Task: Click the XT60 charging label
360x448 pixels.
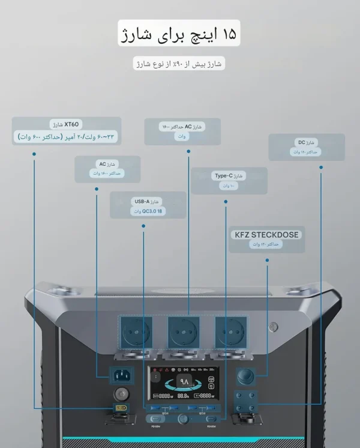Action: (x=66, y=130)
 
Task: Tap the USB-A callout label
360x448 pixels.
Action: (x=148, y=205)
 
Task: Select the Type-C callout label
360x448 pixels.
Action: (x=229, y=181)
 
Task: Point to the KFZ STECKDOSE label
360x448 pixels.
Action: (x=266, y=238)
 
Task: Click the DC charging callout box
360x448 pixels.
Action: (x=306, y=147)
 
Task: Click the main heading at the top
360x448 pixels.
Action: (x=180, y=35)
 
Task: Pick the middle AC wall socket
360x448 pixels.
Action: (x=183, y=330)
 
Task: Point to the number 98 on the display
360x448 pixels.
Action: (x=183, y=381)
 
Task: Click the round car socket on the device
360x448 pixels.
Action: (x=246, y=377)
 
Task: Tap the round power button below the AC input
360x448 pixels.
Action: (x=122, y=395)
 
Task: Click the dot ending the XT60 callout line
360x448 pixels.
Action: (x=34, y=154)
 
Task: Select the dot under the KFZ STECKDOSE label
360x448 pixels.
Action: (x=266, y=261)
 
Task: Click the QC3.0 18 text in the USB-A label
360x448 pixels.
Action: (x=148, y=211)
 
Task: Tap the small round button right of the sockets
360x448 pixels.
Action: (x=274, y=328)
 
